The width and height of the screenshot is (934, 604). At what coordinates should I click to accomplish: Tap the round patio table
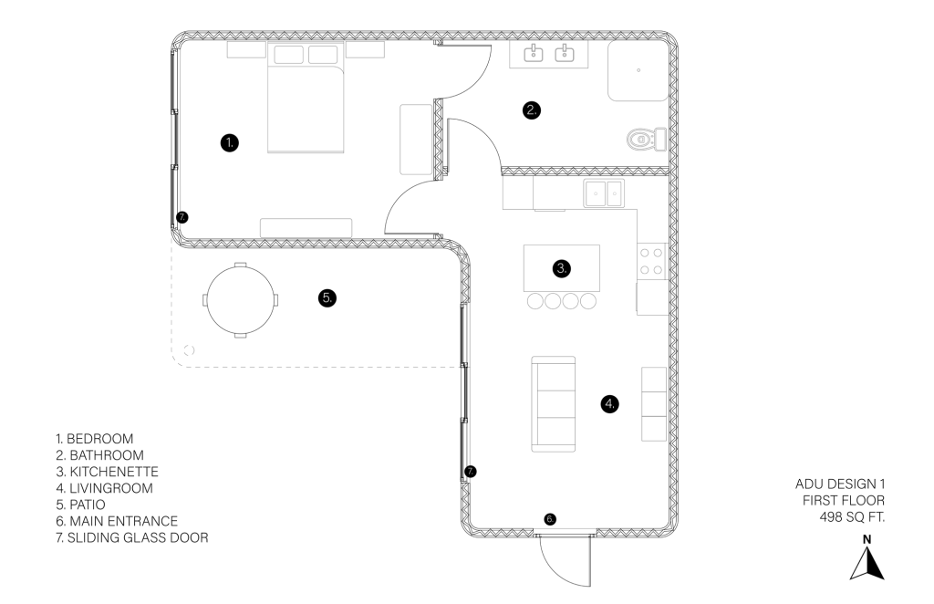point(240,299)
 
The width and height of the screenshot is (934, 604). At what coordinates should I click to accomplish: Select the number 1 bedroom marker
point(229,143)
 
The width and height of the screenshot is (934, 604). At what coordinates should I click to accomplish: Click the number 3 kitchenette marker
point(561,268)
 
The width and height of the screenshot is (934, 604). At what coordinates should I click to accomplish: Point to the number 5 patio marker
point(327,297)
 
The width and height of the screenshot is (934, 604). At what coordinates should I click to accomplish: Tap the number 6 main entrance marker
point(550,519)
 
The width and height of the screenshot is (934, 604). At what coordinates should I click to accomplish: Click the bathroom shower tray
point(638,70)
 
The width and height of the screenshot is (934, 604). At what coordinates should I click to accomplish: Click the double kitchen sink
point(604,193)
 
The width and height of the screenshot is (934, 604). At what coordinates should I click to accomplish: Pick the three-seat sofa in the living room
point(554,404)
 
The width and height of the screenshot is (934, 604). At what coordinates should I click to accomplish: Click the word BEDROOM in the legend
point(100,439)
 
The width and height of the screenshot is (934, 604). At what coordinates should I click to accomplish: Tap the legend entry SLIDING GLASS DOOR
point(138,538)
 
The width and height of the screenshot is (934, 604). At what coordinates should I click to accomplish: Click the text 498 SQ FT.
point(852,517)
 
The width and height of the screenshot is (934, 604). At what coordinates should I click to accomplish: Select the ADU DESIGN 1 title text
point(840,484)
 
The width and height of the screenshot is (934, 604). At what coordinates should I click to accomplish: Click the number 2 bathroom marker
point(532,110)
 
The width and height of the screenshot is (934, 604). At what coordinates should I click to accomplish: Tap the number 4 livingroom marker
point(609,404)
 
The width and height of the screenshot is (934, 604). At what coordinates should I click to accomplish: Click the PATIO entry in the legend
point(88,505)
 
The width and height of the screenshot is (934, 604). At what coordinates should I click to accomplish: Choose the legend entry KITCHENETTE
point(114,472)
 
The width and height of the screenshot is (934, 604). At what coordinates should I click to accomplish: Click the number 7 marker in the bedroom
point(182,217)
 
